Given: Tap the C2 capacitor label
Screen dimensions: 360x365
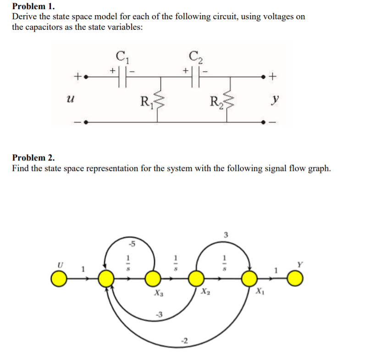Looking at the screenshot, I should [x=195, y=57].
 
